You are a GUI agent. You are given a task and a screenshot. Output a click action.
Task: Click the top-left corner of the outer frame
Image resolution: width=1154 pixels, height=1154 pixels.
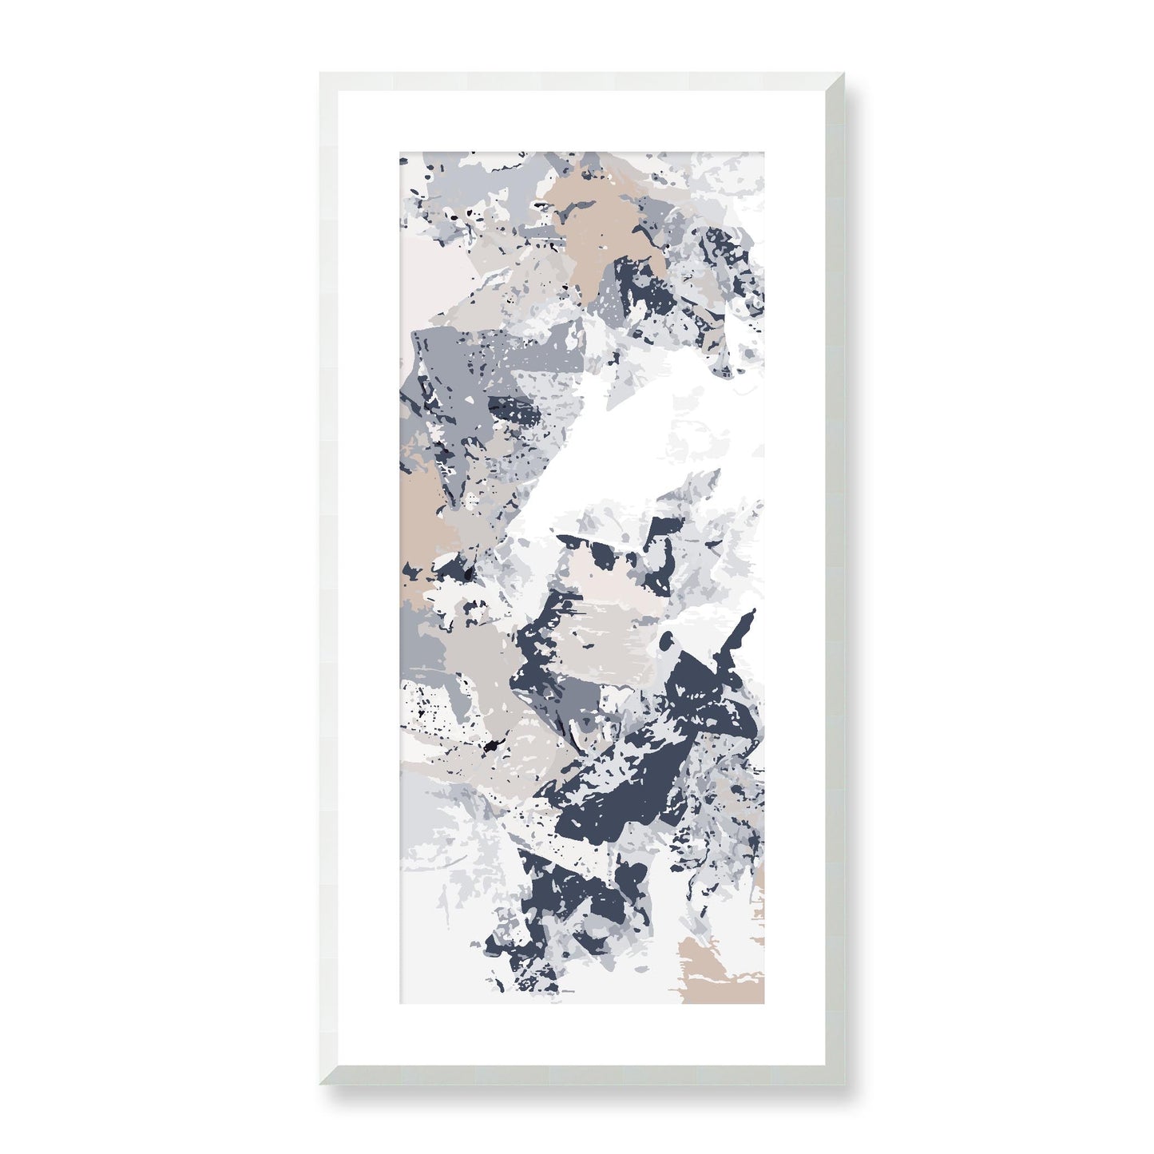pyautogui.click(x=319, y=73)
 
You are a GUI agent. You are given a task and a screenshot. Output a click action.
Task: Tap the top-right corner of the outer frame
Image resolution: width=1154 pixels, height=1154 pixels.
pyautogui.click(x=843, y=73)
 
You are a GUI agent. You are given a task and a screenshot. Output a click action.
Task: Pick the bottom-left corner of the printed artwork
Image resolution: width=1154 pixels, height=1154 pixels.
pyautogui.click(x=400, y=1005)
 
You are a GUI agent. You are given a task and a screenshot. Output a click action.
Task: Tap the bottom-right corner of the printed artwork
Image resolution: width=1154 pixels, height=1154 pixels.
pyautogui.click(x=765, y=1005)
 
